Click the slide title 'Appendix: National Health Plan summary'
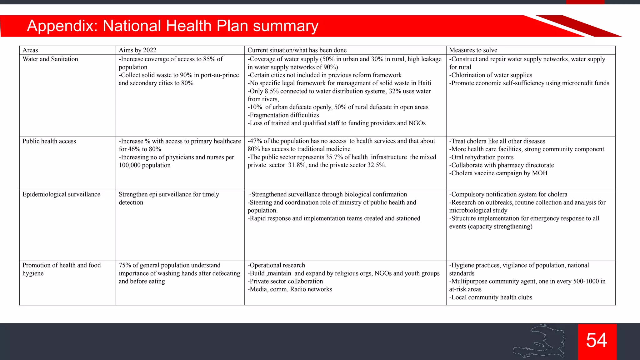pyautogui.click(x=172, y=26)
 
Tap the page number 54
pyautogui.click(x=597, y=340)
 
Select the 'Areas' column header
pyautogui.click(x=30, y=50)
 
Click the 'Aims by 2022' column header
pyautogui.click(x=137, y=50)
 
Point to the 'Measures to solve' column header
pyautogui.click(x=473, y=50)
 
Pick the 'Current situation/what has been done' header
pyautogui.click(x=297, y=50)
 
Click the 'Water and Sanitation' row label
pyautogui.click(x=50, y=59)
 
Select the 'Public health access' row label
pyautogui.click(x=49, y=141)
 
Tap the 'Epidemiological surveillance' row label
pyautogui.click(x=61, y=194)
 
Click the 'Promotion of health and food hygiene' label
pyautogui.click(x=62, y=269)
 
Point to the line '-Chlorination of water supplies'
pyautogui.click(x=491, y=75)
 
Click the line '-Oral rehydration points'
pyautogui.click(x=481, y=157)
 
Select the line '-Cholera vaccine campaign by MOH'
pyautogui.click(x=498, y=173)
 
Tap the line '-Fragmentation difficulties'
pyautogui.click(x=283, y=115)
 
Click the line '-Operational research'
pyautogui.click(x=276, y=265)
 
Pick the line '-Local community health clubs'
pyautogui.click(x=491, y=297)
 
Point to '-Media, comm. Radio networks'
pyautogui.click(x=290, y=289)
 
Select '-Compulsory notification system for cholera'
pyautogui.click(x=508, y=194)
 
